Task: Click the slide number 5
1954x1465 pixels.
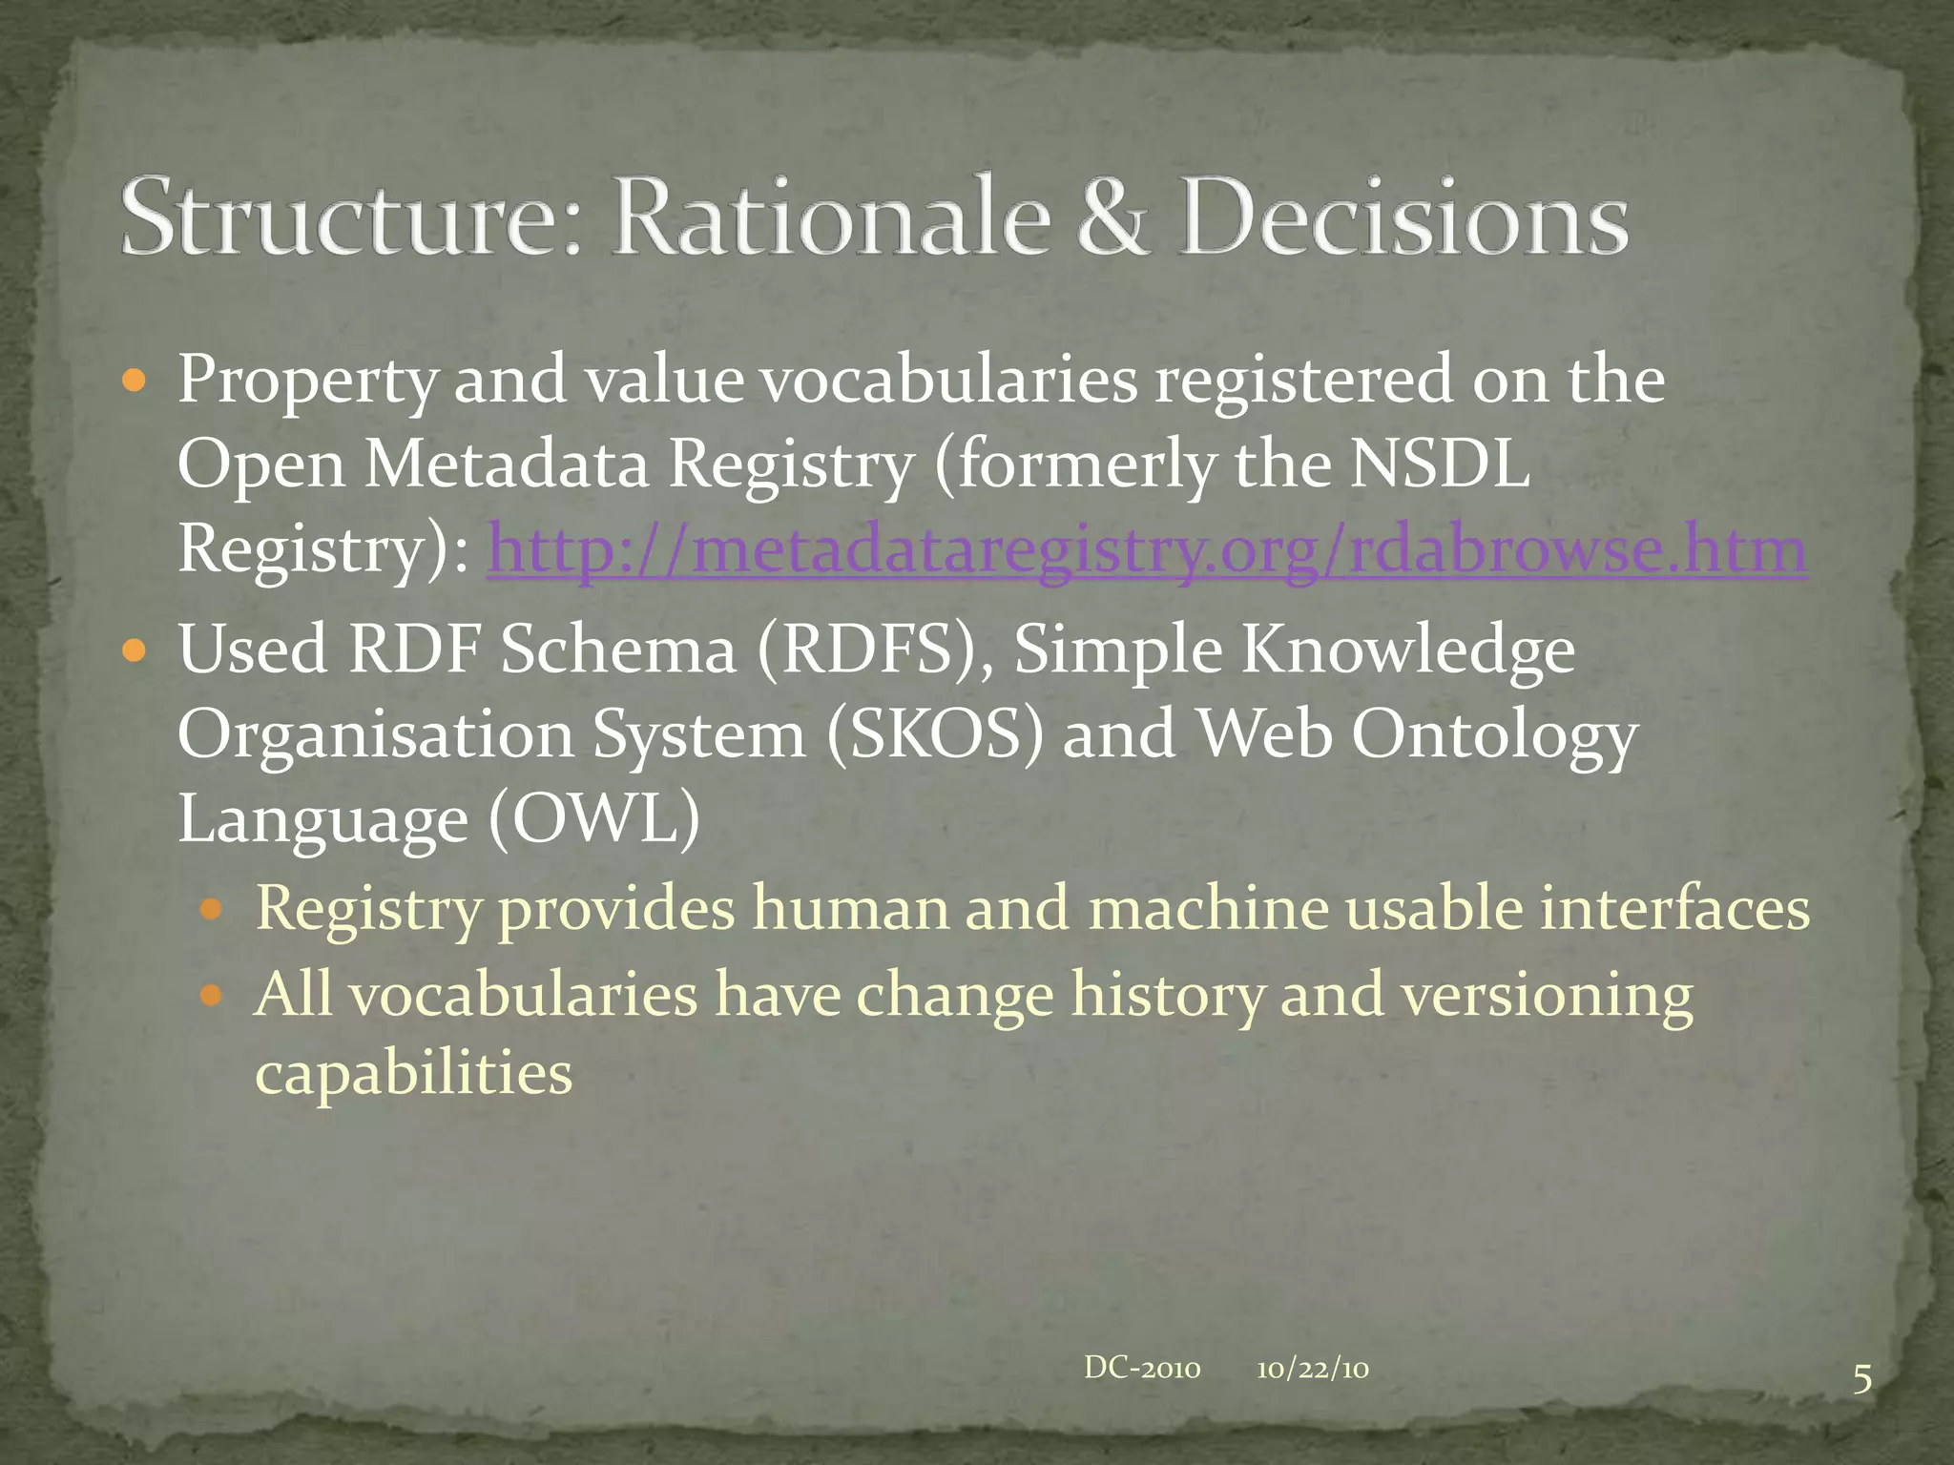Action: click(x=1861, y=1380)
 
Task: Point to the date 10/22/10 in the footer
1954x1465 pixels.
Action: click(x=1313, y=1370)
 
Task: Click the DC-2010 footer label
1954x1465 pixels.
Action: click(x=1141, y=1369)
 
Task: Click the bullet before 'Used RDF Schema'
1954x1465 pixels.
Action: click(x=135, y=652)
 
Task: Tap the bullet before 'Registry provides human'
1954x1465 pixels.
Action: click(x=212, y=910)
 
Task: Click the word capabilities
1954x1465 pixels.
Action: click(x=413, y=1073)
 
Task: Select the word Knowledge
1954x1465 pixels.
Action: click(x=1407, y=650)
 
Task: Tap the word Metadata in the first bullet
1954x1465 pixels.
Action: click(x=507, y=464)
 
